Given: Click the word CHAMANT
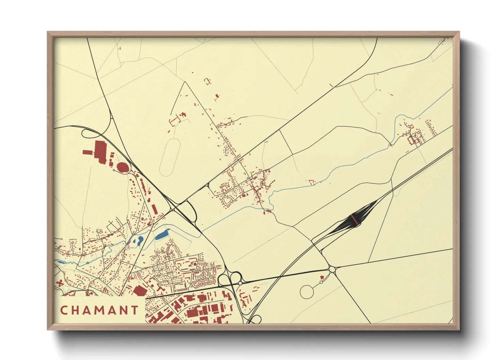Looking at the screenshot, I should pyautogui.click(x=99, y=310).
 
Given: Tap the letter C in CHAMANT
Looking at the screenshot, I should pyautogui.click(x=64, y=310).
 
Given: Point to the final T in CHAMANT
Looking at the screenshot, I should pyautogui.click(x=135, y=310).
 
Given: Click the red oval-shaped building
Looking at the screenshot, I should pyautogui.click(x=123, y=167).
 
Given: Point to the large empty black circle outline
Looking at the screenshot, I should pyautogui.click(x=306, y=292).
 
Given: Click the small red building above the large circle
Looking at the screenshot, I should pyautogui.click(x=321, y=282).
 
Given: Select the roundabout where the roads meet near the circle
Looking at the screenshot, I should pyautogui.click(x=332, y=269).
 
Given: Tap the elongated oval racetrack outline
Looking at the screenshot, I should pyautogui.click(x=170, y=157).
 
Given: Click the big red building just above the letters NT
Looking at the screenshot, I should pyautogui.click(x=139, y=291).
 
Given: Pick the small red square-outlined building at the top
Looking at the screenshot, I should pyautogui.click(x=207, y=81).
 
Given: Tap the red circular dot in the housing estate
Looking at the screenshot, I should pyautogui.click(x=194, y=264).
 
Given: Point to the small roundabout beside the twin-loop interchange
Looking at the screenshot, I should pyautogui.click(x=240, y=283).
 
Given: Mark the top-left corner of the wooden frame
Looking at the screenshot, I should pyautogui.click(x=48, y=32).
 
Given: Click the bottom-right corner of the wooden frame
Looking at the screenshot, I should pyautogui.click(x=459, y=330).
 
